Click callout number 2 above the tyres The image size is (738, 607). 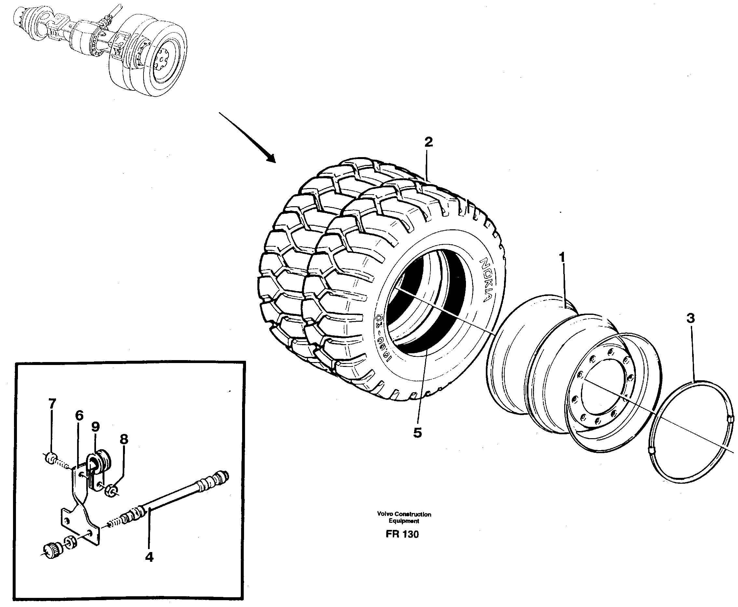point(429,142)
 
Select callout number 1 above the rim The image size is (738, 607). point(562,258)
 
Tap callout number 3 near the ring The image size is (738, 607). point(690,318)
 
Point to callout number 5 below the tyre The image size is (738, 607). point(417,433)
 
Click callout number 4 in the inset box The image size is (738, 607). point(149,557)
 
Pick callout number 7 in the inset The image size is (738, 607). point(52,404)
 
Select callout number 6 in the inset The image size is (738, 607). point(79,416)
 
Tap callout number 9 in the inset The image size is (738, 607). point(95,426)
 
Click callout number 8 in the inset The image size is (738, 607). point(124,439)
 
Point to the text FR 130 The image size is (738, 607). point(402,534)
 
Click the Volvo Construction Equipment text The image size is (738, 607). point(404,518)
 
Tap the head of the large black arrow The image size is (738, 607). point(271,159)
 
